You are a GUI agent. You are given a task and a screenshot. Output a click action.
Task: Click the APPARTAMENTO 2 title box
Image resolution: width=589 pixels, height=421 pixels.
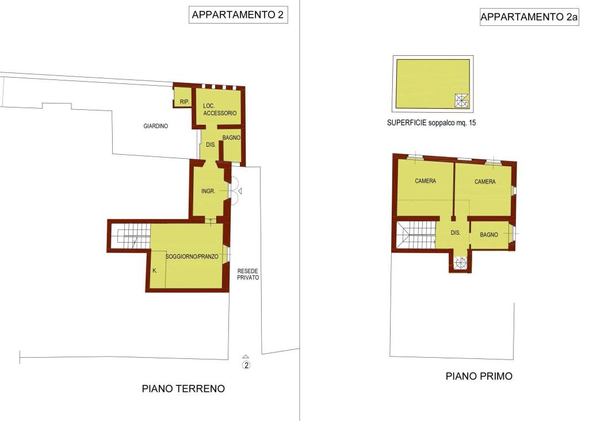(238, 16)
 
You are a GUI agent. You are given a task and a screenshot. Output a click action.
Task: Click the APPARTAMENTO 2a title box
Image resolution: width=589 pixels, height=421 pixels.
(529, 17)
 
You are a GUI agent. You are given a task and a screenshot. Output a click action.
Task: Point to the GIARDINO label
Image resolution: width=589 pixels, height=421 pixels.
(155, 126)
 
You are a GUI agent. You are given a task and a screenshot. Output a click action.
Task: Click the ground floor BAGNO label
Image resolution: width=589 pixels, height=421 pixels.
(231, 138)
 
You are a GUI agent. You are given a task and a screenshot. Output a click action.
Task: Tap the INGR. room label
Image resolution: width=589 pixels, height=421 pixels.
(208, 192)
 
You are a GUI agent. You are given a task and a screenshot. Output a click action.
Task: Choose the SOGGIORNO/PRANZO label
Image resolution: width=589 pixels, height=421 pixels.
(192, 257)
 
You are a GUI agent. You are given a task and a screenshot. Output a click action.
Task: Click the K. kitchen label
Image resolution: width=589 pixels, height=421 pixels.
(155, 270)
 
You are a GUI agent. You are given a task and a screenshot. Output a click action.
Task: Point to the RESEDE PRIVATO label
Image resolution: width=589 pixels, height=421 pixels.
(248, 273)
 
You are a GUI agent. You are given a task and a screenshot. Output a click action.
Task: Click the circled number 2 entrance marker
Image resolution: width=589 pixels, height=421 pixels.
(246, 365)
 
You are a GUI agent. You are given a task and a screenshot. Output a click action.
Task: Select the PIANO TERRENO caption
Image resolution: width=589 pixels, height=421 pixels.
(183, 389)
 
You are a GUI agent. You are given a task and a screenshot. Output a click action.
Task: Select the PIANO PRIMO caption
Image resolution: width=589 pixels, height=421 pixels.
(479, 377)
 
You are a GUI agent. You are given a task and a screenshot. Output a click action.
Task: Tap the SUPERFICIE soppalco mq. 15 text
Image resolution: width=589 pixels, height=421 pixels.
(432, 123)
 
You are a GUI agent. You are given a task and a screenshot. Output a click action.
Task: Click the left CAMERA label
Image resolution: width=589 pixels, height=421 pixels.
(425, 181)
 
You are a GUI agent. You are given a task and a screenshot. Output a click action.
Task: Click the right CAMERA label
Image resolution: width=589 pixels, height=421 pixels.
(485, 182)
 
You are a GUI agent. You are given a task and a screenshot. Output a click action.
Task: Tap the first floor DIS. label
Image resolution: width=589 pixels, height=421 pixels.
(456, 233)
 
